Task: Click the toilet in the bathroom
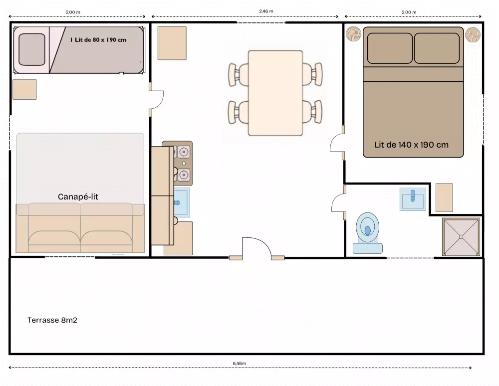click(368, 233)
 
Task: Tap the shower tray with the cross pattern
click(461, 236)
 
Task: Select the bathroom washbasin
click(413, 199)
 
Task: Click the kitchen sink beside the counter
click(182, 202)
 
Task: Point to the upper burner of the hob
click(184, 152)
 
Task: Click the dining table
click(275, 93)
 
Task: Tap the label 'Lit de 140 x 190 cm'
click(411, 145)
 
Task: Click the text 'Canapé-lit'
click(78, 197)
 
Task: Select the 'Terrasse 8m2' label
click(52, 320)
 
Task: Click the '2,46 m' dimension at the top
click(266, 11)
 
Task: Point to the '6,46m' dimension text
click(240, 364)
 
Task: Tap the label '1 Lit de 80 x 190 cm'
click(98, 40)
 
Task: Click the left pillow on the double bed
click(390, 48)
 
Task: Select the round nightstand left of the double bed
click(354, 34)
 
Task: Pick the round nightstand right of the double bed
click(473, 34)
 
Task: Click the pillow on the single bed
click(32, 49)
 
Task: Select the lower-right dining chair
click(312, 112)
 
